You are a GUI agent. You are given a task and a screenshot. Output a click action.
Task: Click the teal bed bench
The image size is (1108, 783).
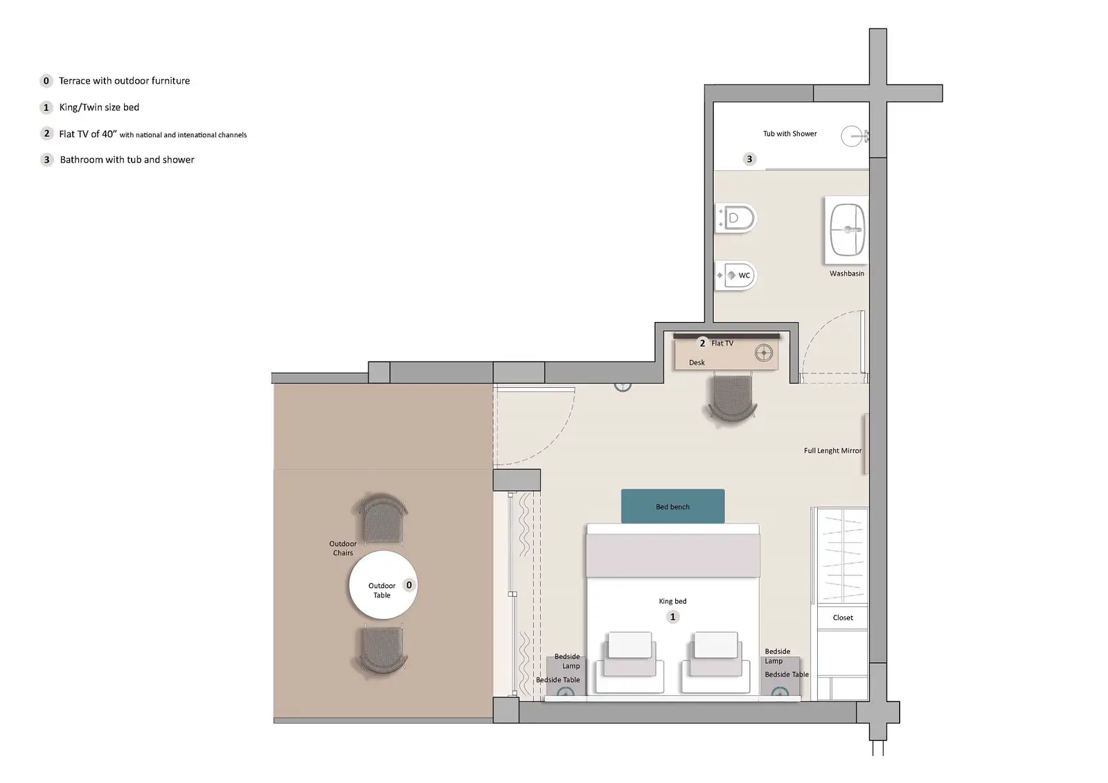pyautogui.click(x=672, y=506)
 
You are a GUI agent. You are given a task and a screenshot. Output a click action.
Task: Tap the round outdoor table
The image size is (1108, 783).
pyautogui.click(x=382, y=585)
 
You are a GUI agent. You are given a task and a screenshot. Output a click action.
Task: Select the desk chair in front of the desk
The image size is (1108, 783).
pyautogui.click(x=732, y=398)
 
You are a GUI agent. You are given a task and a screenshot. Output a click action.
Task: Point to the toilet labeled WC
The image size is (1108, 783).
pyautogui.click(x=737, y=275)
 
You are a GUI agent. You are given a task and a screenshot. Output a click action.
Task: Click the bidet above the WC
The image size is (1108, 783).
pyautogui.click(x=736, y=219)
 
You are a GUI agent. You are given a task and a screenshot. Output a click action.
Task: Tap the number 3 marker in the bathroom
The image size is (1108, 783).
pyautogui.click(x=749, y=159)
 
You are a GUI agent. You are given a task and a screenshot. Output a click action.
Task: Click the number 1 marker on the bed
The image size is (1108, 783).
pyautogui.click(x=672, y=617)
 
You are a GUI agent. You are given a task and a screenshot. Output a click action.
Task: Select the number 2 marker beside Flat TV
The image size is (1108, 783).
pyautogui.click(x=702, y=343)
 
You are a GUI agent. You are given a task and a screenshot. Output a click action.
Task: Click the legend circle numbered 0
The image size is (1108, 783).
pyautogui.click(x=46, y=81)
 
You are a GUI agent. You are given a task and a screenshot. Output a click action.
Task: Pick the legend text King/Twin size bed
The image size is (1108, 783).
pyautogui.click(x=99, y=107)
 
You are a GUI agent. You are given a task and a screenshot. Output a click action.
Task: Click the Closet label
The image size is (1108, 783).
pyautogui.click(x=843, y=618)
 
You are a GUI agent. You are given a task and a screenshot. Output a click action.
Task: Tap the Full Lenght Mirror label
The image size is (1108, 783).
pyautogui.click(x=832, y=451)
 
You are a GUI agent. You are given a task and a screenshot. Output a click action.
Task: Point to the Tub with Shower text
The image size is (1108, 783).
pyautogui.click(x=789, y=134)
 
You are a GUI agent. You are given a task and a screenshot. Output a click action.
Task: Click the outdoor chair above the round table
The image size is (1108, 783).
pyautogui.click(x=380, y=521)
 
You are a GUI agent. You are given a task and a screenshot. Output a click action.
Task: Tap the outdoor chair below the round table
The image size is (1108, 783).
pyautogui.click(x=382, y=649)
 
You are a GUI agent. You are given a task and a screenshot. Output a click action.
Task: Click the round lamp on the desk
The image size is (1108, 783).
pyautogui.click(x=764, y=353)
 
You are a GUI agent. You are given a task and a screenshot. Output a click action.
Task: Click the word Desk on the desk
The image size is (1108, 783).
pyautogui.click(x=697, y=363)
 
